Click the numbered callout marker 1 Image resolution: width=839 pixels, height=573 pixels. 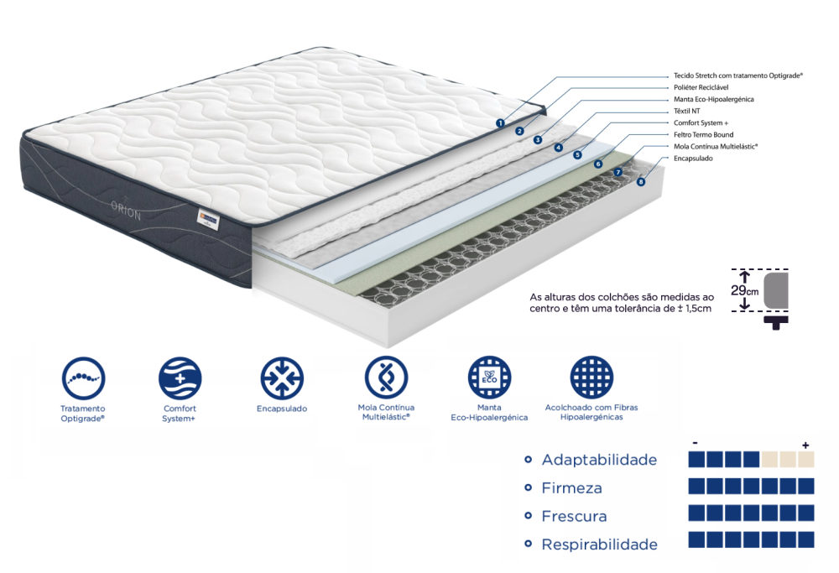click(500, 123)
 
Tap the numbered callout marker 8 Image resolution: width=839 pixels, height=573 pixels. click(641, 182)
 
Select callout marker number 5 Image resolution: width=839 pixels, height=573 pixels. click(577, 155)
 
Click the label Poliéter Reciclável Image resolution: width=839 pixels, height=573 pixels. click(701, 87)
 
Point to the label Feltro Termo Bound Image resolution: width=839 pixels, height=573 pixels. click(704, 134)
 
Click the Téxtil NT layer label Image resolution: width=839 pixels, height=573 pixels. click(686, 111)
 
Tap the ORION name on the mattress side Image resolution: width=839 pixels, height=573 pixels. click(126, 211)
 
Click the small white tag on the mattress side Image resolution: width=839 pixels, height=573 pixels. click(207, 218)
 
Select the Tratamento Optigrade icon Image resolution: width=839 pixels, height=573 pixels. click(83, 378)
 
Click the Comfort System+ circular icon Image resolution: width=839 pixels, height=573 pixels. click(180, 378)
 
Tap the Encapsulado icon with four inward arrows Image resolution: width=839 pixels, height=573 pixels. click(282, 378)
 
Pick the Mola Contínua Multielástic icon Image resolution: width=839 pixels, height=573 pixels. click(386, 378)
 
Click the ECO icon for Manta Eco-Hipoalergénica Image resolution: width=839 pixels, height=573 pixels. click(490, 378)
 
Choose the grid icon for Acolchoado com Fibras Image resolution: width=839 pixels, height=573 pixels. click(591, 378)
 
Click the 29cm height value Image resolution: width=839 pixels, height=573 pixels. click(745, 290)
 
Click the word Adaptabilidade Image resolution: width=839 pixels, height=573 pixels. click(599, 460)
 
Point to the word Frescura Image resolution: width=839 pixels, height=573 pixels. click(574, 516)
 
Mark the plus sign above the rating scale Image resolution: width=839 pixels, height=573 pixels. click(805, 445)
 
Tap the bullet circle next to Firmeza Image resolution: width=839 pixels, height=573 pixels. click(528, 487)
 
